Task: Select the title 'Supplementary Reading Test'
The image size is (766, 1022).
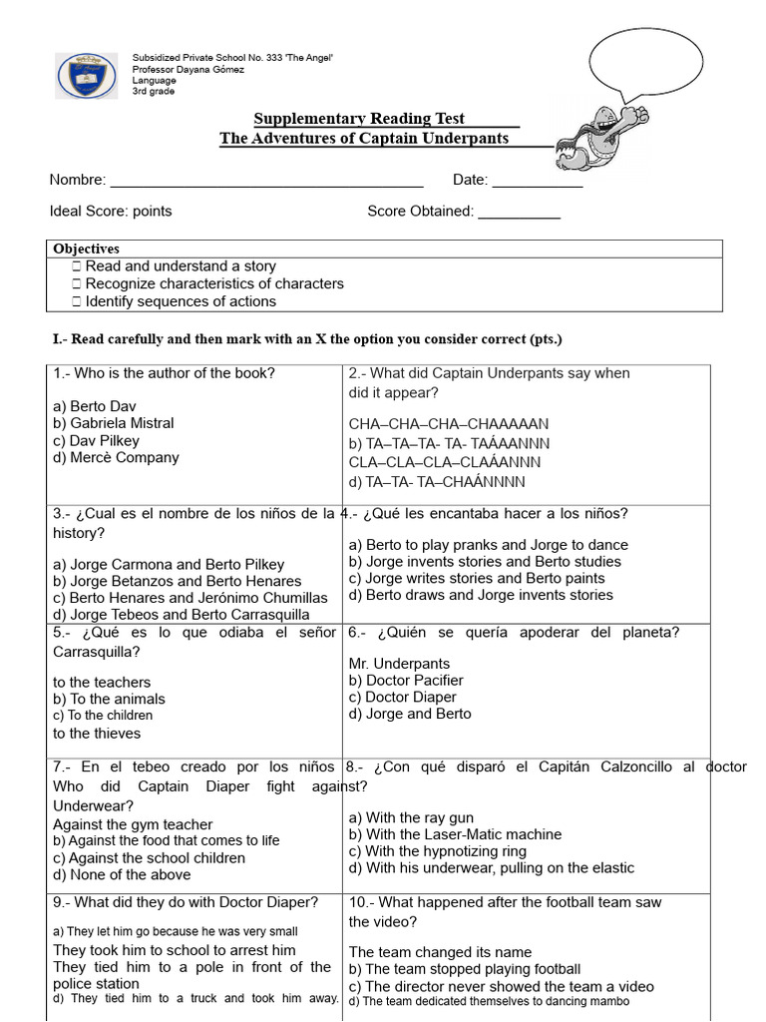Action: [x=359, y=119]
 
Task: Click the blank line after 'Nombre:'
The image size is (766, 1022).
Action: [x=266, y=182]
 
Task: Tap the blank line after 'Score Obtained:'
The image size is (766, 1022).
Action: [x=519, y=213]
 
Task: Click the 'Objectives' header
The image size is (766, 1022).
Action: [x=87, y=249]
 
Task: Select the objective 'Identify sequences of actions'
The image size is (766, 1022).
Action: [x=180, y=301]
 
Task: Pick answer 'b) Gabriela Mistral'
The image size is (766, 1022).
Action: [x=113, y=423]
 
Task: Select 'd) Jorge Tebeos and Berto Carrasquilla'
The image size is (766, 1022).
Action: [x=181, y=615]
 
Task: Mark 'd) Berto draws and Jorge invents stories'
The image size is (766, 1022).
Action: [x=481, y=595]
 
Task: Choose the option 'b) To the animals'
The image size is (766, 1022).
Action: [x=109, y=700]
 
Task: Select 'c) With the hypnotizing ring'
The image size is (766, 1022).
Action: [x=437, y=851]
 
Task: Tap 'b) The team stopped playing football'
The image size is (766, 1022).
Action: [x=465, y=969]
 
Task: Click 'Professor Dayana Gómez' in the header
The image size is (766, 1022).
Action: [x=188, y=70]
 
